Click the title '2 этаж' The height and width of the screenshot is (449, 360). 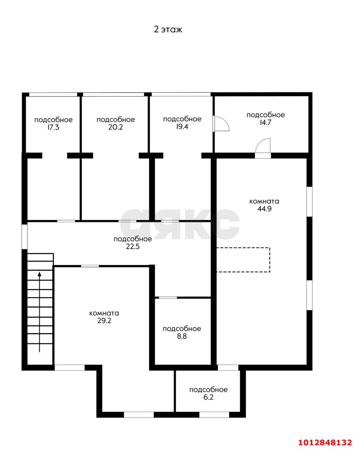pos(168,29)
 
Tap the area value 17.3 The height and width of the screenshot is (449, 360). pos(53,127)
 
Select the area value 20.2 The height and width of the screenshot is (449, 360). pos(116,127)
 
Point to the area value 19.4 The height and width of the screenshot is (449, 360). pos(182,127)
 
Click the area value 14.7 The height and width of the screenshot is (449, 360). pos(265,122)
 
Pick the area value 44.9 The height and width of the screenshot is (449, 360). pos(264,209)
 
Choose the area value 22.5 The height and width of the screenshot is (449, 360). pos(133,247)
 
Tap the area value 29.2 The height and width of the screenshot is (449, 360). pos(104,321)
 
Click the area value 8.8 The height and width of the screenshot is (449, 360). pos(182,336)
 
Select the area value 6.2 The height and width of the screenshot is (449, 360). pos(208,397)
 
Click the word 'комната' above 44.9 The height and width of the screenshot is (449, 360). pos(264,201)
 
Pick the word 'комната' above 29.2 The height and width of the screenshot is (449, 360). pos(104,313)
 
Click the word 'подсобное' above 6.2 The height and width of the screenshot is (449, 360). pos(208,390)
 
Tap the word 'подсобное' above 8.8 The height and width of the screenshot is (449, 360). pos(182,329)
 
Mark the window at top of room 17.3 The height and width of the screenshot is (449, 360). pos(53,94)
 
